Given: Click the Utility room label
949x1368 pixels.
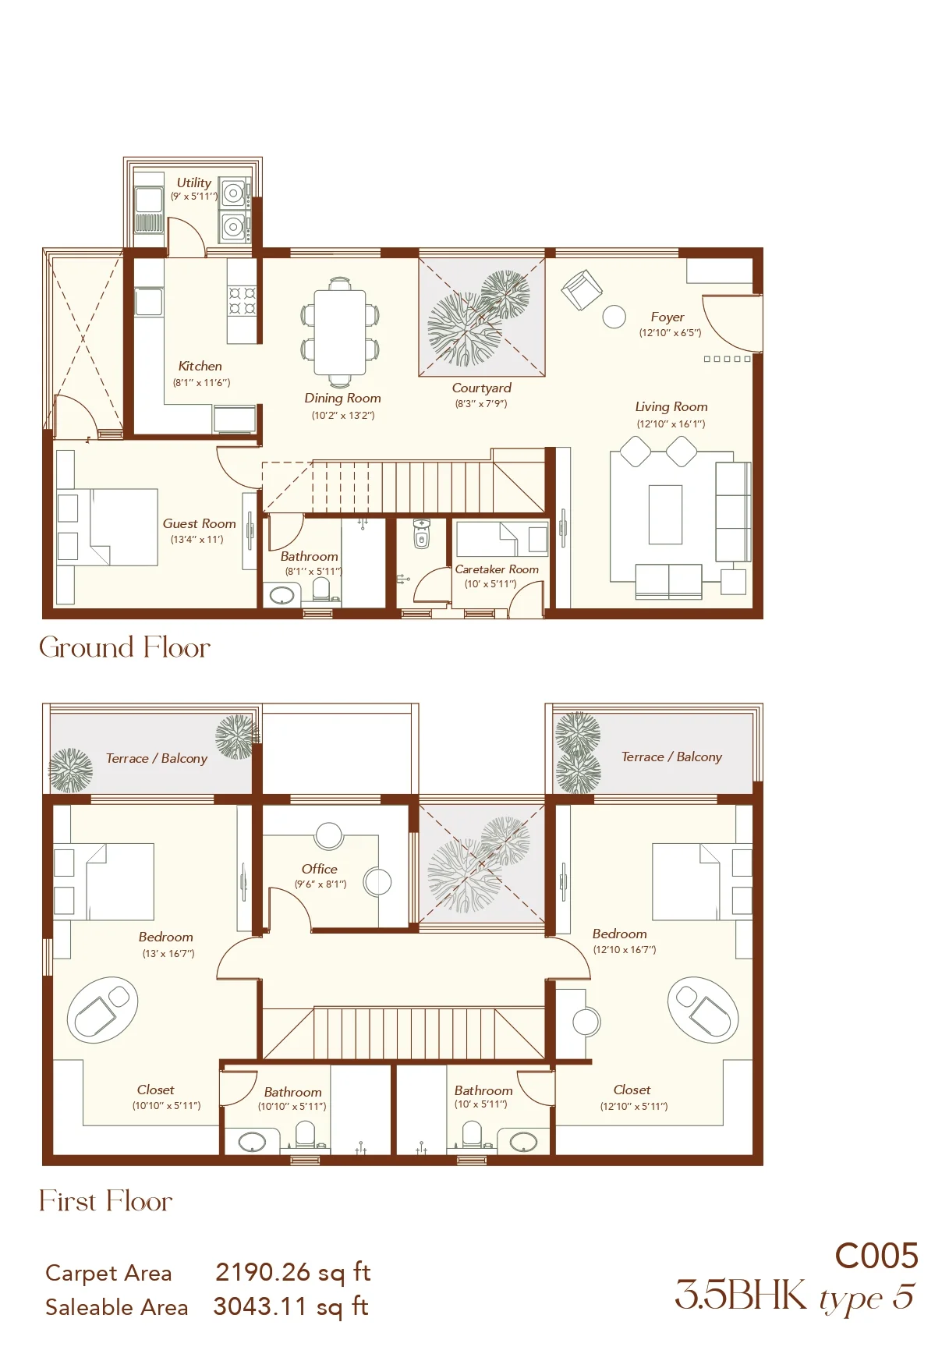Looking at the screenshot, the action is point(193,183).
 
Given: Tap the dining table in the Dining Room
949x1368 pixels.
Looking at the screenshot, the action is point(340,333).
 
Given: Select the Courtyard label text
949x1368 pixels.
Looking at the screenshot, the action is point(482,388).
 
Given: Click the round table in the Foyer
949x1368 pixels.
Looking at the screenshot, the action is point(614,316).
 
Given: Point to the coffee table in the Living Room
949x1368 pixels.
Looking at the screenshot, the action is point(665,514).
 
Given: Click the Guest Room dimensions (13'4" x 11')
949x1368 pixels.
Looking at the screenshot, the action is point(197,540).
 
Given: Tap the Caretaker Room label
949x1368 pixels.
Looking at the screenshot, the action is point(497,569).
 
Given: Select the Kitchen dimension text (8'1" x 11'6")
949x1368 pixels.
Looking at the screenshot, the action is point(201,383).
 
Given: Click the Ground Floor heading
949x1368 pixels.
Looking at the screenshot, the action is point(125,647).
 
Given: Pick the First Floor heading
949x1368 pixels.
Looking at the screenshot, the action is point(106,1201).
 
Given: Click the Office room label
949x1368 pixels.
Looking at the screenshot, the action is point(320,869).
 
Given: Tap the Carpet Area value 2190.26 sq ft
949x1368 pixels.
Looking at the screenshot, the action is point(292,1272).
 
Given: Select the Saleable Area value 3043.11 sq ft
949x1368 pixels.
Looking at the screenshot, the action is point(291,1306).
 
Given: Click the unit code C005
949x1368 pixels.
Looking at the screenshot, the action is point(876,1256).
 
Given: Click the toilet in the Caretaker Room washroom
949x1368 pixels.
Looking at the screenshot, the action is point(421,535).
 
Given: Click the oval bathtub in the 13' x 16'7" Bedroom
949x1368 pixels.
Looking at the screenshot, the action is point(102,1010).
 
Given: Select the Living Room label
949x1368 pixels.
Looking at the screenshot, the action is point(671,407).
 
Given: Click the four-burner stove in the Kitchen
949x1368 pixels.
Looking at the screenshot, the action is point(243,301).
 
